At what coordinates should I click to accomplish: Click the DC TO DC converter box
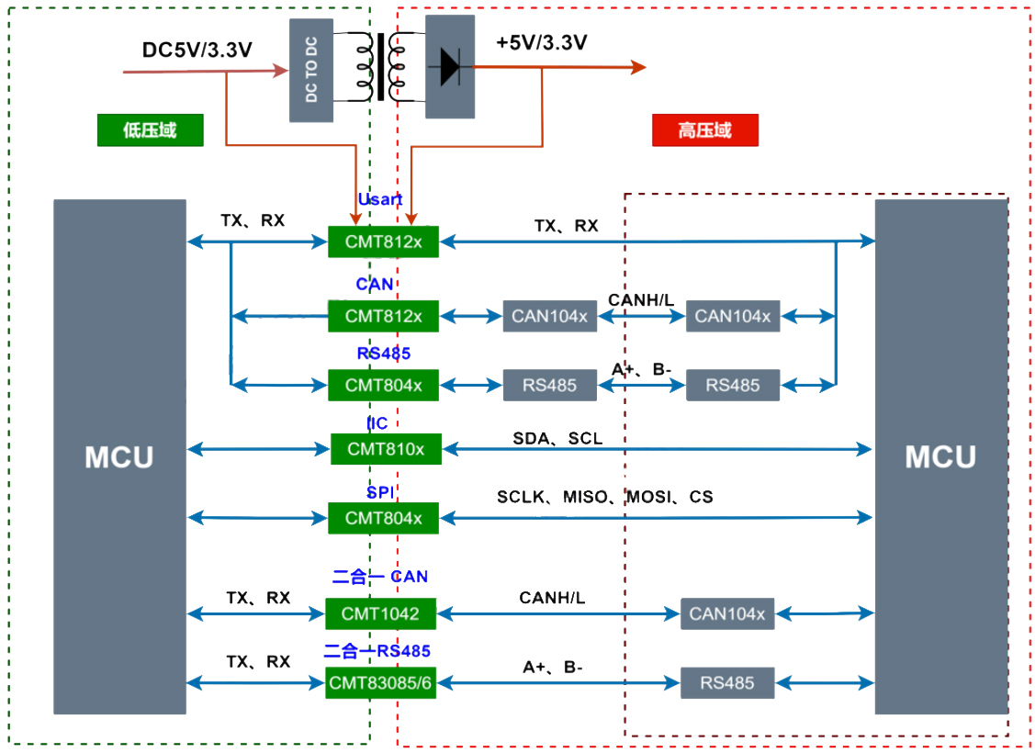tap(311, 70)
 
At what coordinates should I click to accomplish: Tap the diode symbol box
tap(450, 66)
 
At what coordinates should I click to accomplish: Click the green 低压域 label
tap(150, 130)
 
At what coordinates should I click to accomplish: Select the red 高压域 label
tap(704, 130)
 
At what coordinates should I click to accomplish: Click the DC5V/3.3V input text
tap(197, 50)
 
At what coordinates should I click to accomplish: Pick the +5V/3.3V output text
tap(542, 42)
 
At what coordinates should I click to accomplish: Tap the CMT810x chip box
tap(386, 449)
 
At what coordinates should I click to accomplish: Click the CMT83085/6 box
tap(381, 682)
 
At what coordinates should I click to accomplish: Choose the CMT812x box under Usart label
tap(384, 242)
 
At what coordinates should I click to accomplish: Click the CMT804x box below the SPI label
tap(384, 518)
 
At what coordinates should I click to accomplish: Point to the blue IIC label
tap(377, 423)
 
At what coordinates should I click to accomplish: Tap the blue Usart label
tap(380, 199)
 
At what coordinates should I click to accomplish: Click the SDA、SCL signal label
tap(557, 439)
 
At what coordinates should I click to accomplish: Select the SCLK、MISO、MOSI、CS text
tap(604, 497)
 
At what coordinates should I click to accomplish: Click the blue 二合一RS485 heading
tap(377, 651)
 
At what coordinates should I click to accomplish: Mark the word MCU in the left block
tap(119, 457)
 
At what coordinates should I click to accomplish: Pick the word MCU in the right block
tap(940, 457)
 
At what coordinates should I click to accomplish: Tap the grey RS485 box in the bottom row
tap(727, 682)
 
